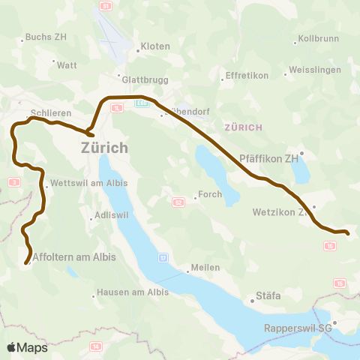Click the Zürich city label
pos(104,148)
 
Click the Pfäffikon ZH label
pos(268,159)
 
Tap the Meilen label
pos(205,268)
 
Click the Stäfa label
pos(268,296)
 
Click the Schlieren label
pos(51,113)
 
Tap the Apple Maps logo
pos(27,347)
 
